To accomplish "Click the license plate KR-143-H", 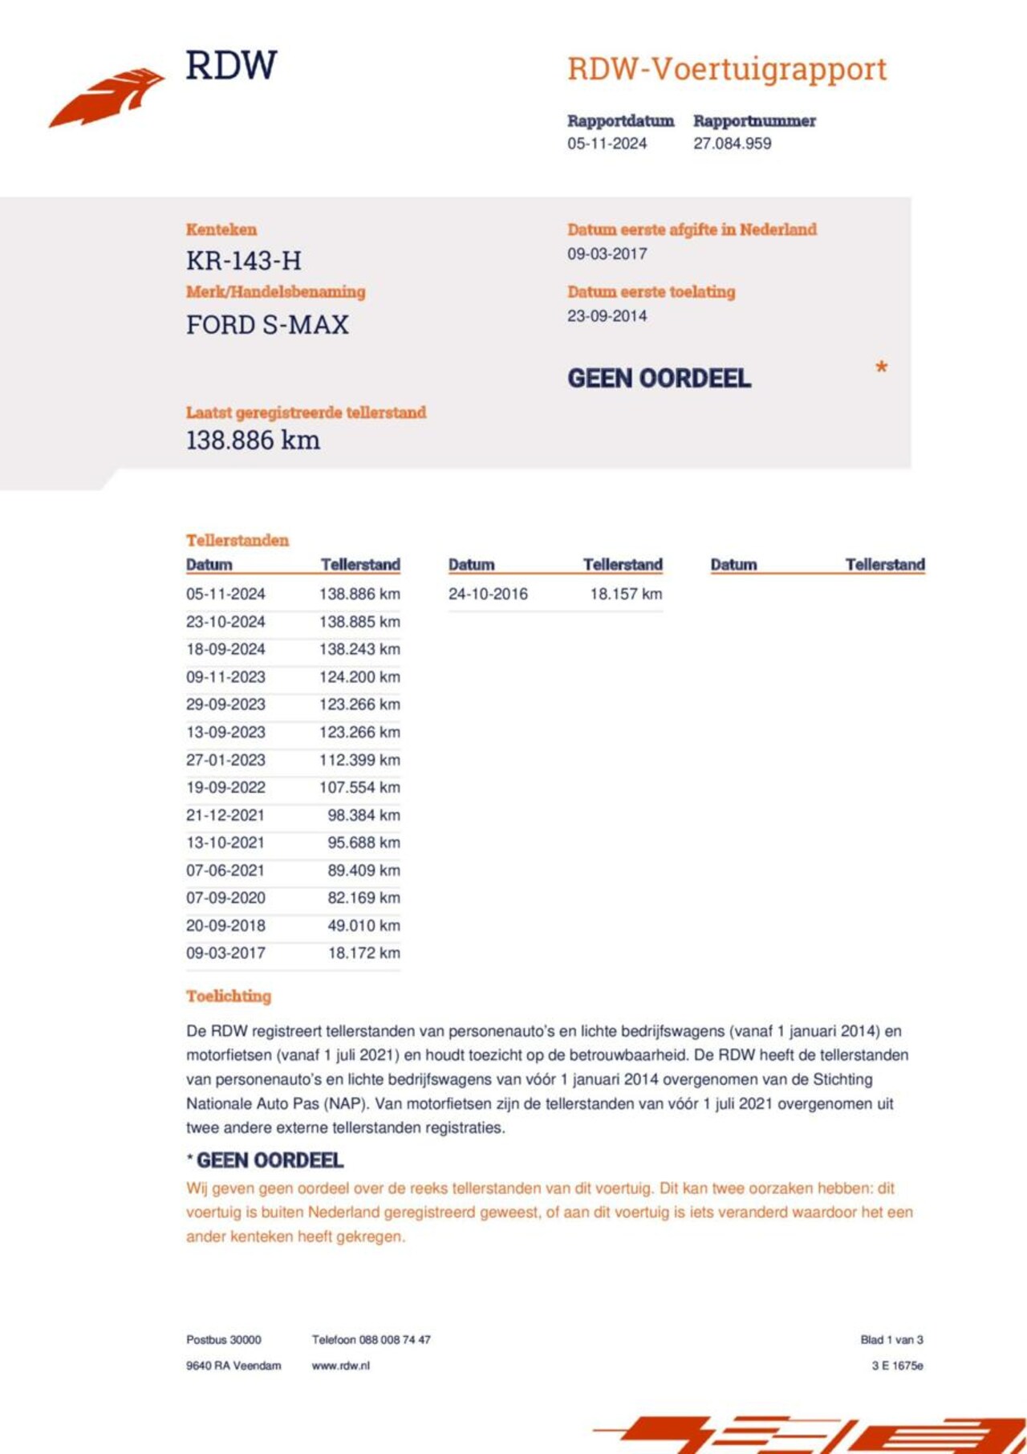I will tap(244, 261).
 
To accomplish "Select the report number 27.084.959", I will tap(732, 144).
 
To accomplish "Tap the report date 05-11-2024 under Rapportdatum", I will tap(607, 144).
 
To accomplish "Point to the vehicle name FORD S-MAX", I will tap(267, 325).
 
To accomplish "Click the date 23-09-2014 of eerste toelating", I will tap(607, 316).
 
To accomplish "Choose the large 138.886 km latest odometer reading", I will tap(253, 440).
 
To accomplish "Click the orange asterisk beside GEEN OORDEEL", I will tap(881, 368).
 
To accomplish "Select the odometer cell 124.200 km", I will tap(359, 677).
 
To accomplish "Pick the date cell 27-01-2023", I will tap(225, 760).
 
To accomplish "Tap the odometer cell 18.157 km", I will tap(626, 595).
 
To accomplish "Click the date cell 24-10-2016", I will tap(488, 595).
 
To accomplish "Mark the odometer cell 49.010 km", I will tap(363, 926).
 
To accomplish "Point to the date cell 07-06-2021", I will tap(225, 871).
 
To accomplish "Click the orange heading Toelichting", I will tap(229, 997).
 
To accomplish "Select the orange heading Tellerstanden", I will tap(237, 540).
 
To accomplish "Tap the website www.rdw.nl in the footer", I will tap(341, 1366).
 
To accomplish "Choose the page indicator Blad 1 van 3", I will tap(891, 1340).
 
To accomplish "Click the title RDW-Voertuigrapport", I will tap(727, 70).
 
